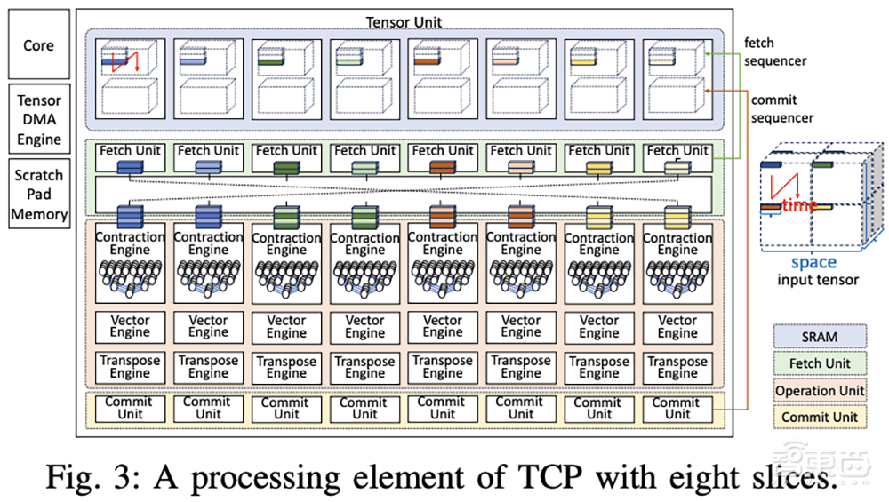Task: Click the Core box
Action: [x=38, y=44]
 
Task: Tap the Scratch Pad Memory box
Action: [x=39, y=195]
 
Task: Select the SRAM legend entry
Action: [x=819, y=337]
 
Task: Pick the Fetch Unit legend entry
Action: [x=819, y=363]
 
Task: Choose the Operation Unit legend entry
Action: [x=819, y=390]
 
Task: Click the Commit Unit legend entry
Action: [x=819, y=417]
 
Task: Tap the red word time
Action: [x=800, y=205]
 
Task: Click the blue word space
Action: [x=813, y=262]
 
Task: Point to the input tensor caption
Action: [x=817, y=280]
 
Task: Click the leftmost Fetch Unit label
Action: [x=130, y=150]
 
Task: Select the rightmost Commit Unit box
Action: [x=677, y=409]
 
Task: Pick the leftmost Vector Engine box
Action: [x=130, y=326]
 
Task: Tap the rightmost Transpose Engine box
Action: [x=677, y=367]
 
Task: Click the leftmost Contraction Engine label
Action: [x=130, y=243]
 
